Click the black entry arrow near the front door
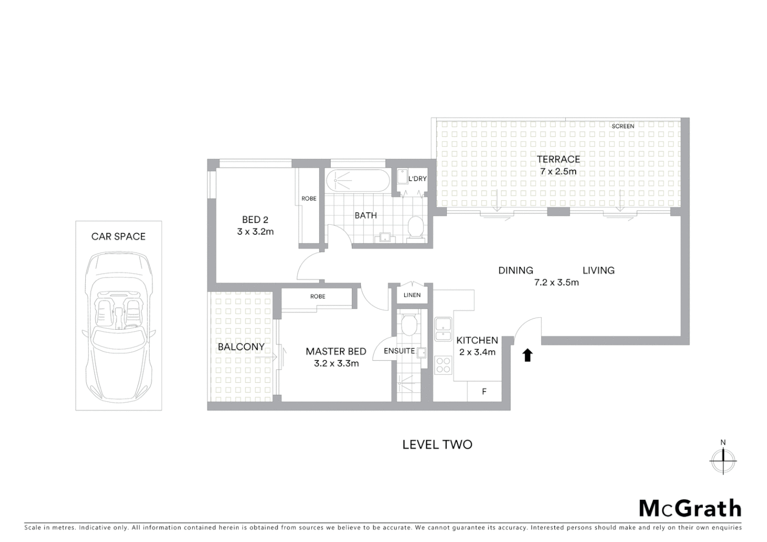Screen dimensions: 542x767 pos(528,355)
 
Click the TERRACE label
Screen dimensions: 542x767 pos(558,160)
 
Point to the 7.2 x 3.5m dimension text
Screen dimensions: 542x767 pos(556,283)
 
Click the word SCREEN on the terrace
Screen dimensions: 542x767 pos(623,126)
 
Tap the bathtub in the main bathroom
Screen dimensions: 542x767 pos(357,181)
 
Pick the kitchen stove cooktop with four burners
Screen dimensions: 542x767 pos(443,365)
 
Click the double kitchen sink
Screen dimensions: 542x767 pos(443,330)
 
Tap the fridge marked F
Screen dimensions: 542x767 pos(484,391)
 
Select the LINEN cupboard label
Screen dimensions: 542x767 pos(412,295)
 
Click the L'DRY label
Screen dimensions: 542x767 pos(417,179)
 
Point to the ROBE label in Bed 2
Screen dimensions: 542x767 pos(309,199)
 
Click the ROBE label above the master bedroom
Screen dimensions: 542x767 pos(317,297)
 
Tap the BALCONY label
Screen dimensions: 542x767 pos(241,347)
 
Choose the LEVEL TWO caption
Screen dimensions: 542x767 pos(437,445)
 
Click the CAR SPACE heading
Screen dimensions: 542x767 pos(118,237)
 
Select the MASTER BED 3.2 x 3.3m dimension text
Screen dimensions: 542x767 pos(336,363)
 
